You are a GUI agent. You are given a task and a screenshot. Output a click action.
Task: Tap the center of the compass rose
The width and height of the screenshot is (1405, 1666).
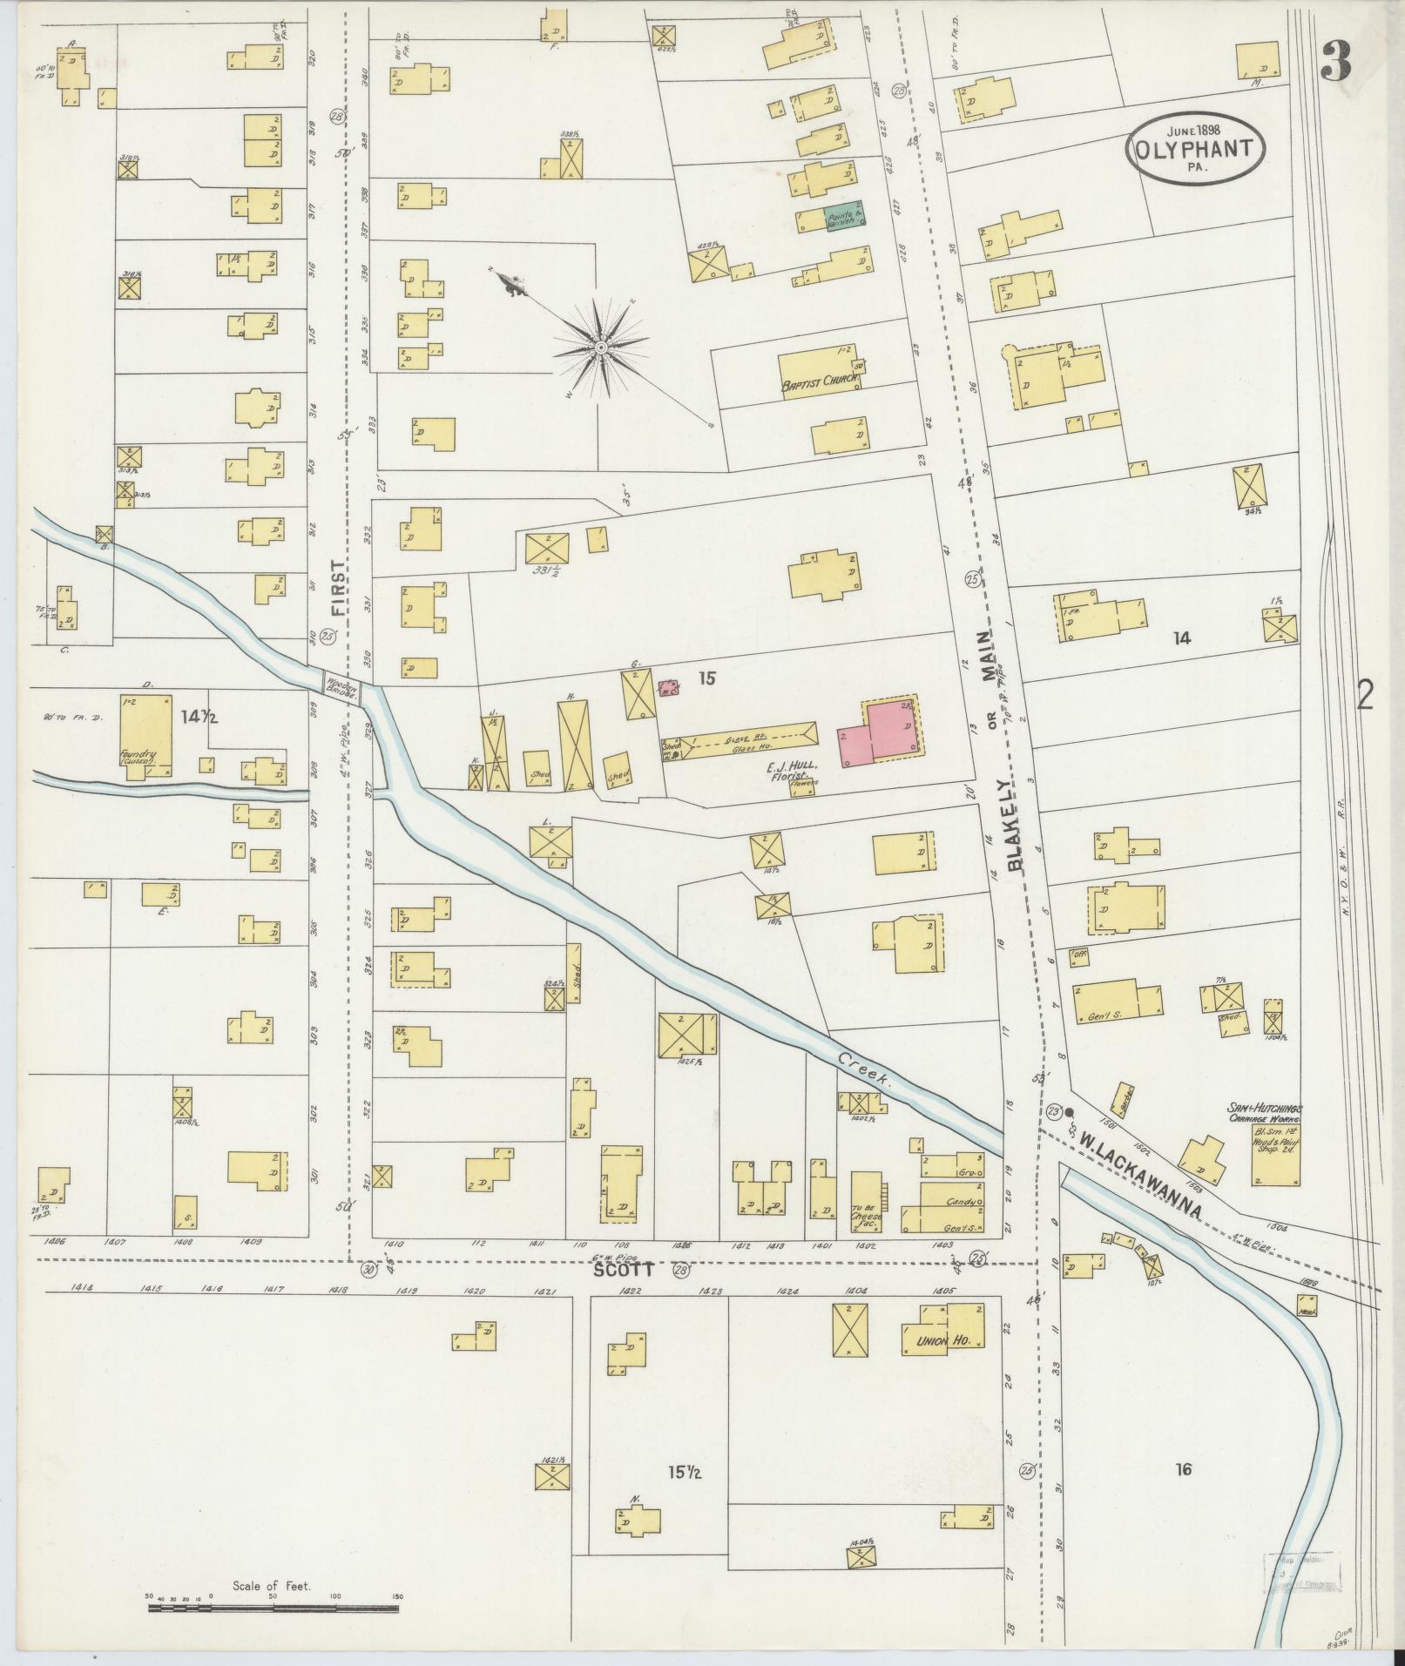pos(600,348)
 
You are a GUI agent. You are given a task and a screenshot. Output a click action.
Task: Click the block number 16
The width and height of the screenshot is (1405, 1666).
pos(1182,1470)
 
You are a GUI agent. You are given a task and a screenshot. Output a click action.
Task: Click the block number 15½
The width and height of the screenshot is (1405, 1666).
pos(684,1473)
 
